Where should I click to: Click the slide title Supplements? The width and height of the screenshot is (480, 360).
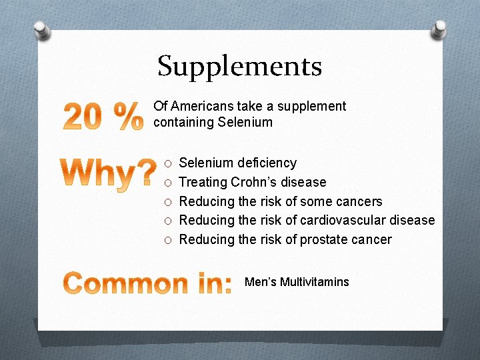pos(240,66)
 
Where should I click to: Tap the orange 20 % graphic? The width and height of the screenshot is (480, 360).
pos(103,116)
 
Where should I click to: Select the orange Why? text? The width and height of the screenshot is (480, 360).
pos(111,174)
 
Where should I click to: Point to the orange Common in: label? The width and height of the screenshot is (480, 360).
pos(149,283)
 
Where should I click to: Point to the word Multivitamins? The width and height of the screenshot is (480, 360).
pos(314,282)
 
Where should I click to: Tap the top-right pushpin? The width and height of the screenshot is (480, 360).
pos(439,28)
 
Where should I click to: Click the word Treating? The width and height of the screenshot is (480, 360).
pos(203,182)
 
